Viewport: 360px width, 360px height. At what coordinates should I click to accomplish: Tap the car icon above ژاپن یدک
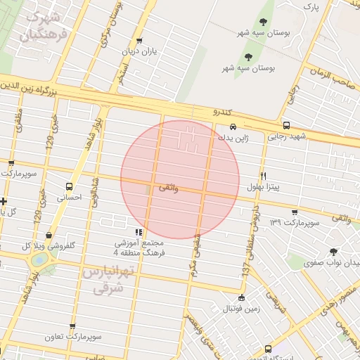click(233, 127)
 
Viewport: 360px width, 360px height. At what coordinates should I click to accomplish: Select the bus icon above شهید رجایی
click(285, 125)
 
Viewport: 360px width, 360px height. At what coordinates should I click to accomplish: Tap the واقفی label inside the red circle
click(169, 188)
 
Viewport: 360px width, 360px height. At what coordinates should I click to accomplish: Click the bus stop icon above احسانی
click(69, 187)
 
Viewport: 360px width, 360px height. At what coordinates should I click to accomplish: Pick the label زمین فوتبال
click(241, 309)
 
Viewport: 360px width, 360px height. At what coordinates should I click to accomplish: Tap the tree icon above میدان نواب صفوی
click(333, 251)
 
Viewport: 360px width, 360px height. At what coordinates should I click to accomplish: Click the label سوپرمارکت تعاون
click(72, 337)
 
